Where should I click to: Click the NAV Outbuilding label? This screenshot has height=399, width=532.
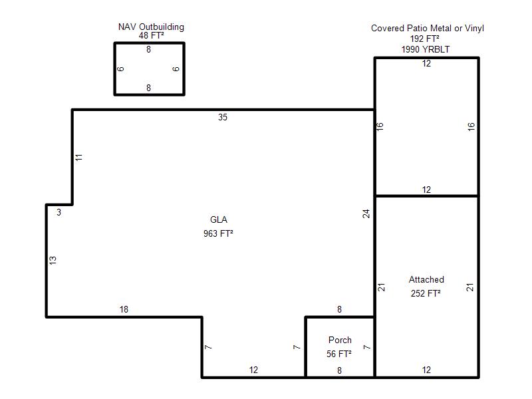[x=151, y=27]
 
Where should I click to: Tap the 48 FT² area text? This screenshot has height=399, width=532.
[x=152, y=35]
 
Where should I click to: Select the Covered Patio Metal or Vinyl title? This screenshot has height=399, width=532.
[x=428, y=28]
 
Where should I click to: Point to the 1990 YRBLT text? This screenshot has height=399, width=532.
[x=426, y=49]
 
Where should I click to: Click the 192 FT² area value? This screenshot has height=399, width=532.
[x=425, y=39]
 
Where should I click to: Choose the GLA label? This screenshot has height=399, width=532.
[x=219, y=219]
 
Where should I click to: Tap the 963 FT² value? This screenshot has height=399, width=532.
[x=218, y=233]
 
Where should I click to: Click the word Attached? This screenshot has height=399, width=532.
[x=426, y=279]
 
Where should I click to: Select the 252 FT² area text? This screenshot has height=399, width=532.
[x=426, y=293]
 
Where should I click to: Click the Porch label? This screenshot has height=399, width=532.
[x=340, y=340]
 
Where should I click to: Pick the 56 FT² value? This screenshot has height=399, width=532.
[x=339, y=354]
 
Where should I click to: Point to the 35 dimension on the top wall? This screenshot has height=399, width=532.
[x=223, y=118]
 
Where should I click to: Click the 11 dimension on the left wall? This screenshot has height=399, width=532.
[x=78, y=158]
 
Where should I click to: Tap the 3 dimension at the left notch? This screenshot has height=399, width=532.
[x=59, y=212]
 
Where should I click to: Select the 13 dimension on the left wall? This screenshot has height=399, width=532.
[x=53, y=260]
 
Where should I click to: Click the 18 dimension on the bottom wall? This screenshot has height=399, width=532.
[x=124, y=309]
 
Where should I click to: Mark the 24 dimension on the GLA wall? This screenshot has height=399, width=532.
[x=366, y=213]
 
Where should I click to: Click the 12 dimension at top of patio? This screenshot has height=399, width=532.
[x=426, y=63]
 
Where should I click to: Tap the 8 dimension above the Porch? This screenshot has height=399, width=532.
[x=339, y=309]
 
